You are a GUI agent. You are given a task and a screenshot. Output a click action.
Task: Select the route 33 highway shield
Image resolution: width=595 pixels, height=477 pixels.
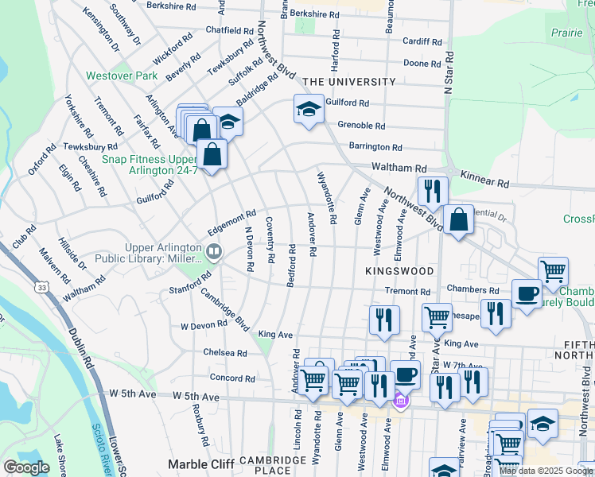pyautogui.click(x=41, y=285)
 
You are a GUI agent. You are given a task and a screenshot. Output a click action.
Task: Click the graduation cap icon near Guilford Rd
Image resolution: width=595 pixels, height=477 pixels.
pyautogui.click(x=308, y=110)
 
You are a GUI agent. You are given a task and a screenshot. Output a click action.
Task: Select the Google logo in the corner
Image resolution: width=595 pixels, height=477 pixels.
pyautogui.click(x=25, y=467)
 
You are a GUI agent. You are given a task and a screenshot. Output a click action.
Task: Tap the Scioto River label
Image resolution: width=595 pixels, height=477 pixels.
pyautogui.click(x=105, y=452)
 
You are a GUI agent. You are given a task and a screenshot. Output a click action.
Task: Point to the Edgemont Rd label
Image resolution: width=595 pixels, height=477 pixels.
pyautogui.click(x=231, y=215)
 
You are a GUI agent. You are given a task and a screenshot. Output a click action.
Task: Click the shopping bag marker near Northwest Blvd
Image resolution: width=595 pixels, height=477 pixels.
pyautogui.click(x=459, y=220)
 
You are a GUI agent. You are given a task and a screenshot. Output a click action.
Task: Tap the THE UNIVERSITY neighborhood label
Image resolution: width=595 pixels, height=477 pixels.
pyautogui.click(x=348, y=82)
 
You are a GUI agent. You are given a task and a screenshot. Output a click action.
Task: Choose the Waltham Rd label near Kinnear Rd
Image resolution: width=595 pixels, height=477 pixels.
pyautogui.click(x=399, y=169)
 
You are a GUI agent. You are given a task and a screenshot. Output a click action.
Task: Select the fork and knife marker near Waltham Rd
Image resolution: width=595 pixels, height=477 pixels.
pyautogui.click(x=433, y=191)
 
